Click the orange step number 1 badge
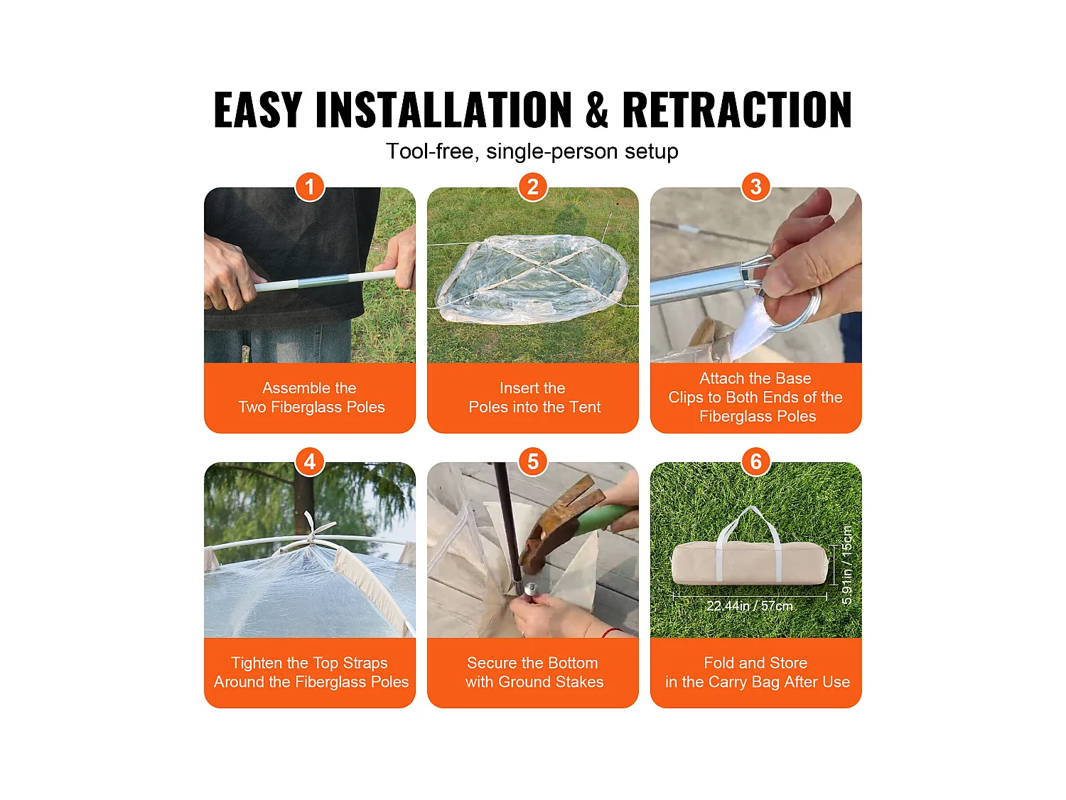309,186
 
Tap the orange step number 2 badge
533,186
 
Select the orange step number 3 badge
755,186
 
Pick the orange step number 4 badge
309,462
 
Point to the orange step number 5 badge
533,462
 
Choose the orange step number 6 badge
755,462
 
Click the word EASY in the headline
258,110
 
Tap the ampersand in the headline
596,110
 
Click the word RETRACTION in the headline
737,110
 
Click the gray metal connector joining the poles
323,281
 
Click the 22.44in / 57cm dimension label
749,606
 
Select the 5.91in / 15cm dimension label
846,565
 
